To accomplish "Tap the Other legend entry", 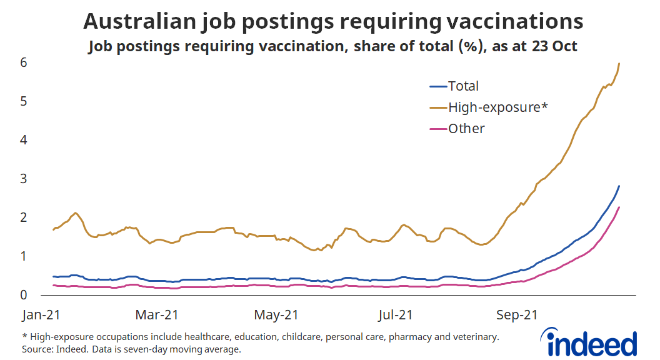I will [x=466, y=129].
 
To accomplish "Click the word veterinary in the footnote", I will [x=476, y=337].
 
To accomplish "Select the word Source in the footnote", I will [x=37, y=349].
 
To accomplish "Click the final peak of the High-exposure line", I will [x=619, y=63].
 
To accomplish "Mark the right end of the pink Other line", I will [x=619, y=207].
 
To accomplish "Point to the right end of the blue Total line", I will [x=619, y=186].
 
